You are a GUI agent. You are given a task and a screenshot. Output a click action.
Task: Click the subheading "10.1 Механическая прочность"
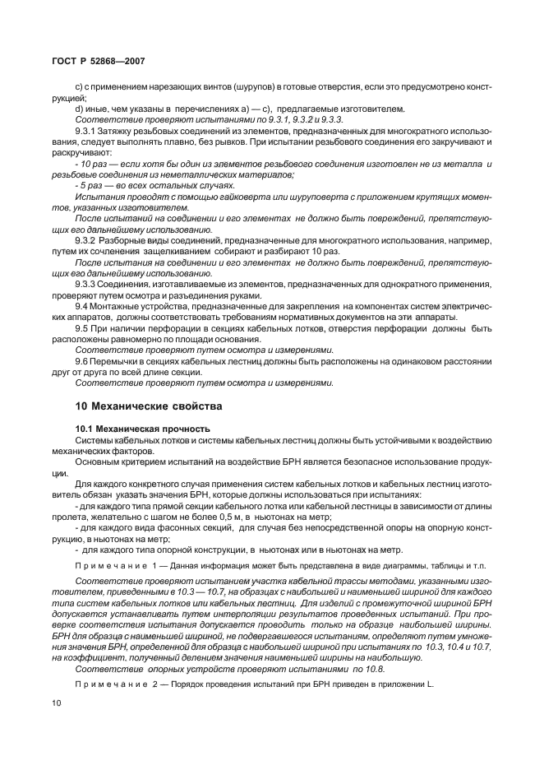click(142, 429)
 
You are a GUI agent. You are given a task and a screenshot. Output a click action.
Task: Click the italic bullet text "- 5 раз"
click(90, 184)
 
